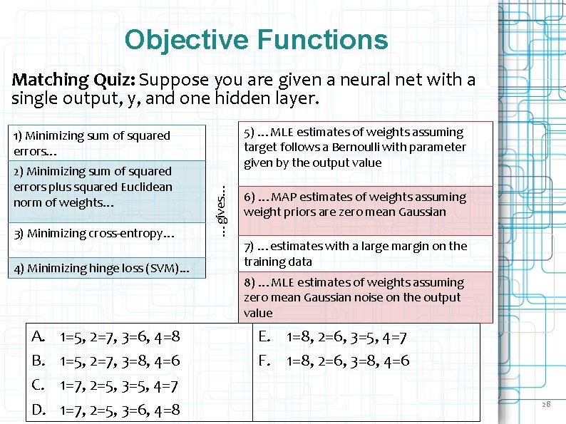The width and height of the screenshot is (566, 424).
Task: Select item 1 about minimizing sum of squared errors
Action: [92, 143]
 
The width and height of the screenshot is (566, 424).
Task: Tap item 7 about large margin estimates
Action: [355, 254]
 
